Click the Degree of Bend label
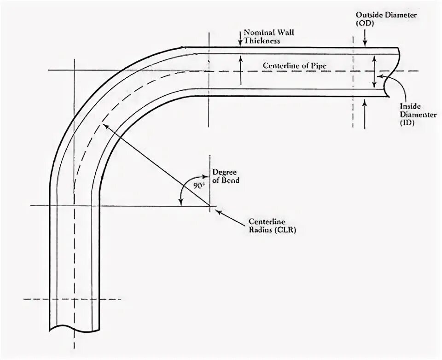point(226,177)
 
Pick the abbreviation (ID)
point(407,123)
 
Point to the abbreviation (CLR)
point(285,231)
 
